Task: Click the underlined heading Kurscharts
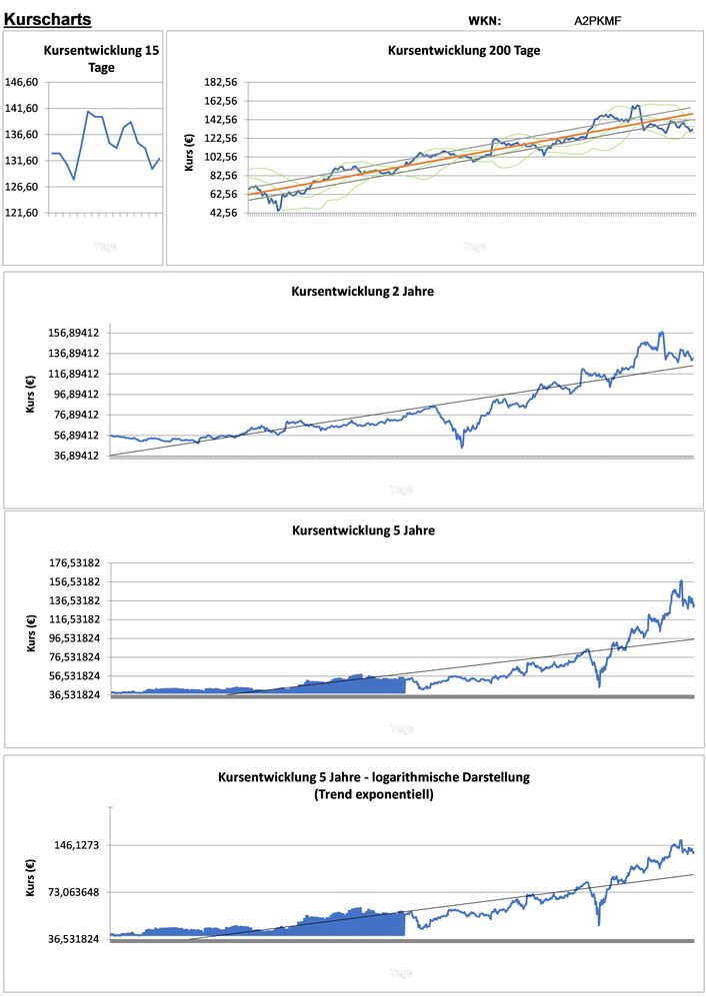click(48, 19)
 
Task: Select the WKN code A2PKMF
click(598, 20)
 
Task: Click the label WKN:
click(484, 20)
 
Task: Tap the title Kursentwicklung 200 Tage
click(464, 50)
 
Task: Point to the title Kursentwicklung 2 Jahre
click(362, 292)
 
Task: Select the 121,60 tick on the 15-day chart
click(22, 213)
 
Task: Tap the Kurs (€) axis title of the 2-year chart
click(30, 394)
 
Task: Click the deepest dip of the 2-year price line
click(462, 446)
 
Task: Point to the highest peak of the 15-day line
click(89, 112)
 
